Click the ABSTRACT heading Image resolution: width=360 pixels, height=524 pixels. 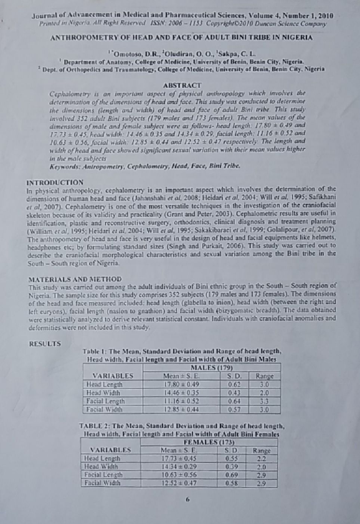tap(181, 85)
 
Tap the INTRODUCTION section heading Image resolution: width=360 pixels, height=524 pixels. tap(55, 182)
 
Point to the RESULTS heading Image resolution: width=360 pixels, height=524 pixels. tap(45, 343)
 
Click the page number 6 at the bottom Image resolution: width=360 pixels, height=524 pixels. tap(187, 499)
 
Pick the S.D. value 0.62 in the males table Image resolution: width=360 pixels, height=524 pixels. tap(234, 385)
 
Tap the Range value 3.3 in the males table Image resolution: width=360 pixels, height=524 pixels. tap(264, 401)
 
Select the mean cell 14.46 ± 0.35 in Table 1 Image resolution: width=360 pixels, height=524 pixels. tap(179, 393)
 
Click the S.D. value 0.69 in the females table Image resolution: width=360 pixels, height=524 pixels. tap(231, 474)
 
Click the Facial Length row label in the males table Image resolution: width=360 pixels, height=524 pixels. tap(104, 401)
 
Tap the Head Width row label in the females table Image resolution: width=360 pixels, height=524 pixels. tap(101, 466)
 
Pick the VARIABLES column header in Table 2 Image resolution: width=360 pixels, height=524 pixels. tap(110, 449)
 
